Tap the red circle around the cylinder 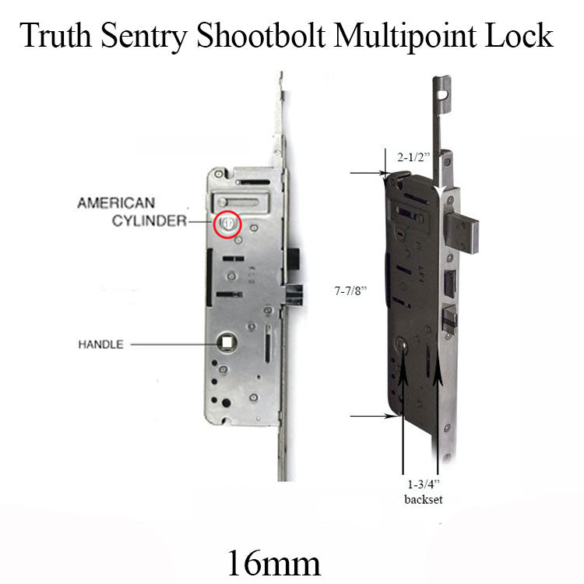point(228,223)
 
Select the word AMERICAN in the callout point(114,203)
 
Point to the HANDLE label point(100,344)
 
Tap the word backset point(423,499)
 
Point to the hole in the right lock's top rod point(445,96)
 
